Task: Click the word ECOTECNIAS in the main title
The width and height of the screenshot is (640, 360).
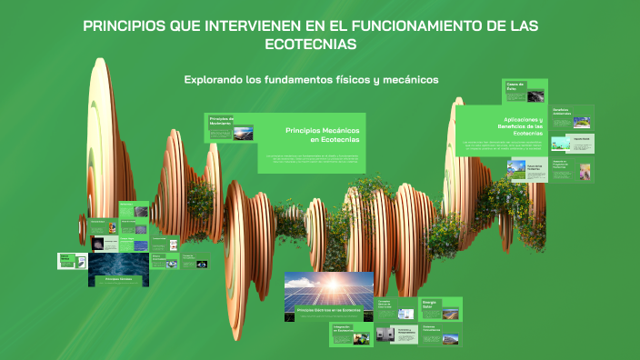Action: [311, 44]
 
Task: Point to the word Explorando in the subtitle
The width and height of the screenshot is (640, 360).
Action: [213, 80]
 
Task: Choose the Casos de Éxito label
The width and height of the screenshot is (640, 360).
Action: [516, 86]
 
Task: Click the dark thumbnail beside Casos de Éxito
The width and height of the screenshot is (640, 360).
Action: [537, 95]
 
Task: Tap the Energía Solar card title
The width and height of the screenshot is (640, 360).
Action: [430, 305]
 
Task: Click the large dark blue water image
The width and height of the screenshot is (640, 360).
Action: [118, 264]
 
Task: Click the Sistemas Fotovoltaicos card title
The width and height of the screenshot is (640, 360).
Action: [431, 327]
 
